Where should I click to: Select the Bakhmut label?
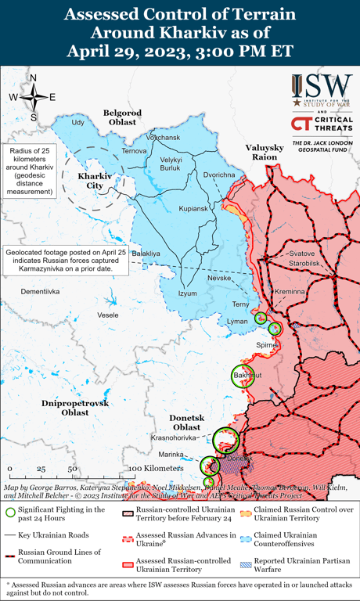(x=244, y=376)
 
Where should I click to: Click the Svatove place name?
(x=302, y=254)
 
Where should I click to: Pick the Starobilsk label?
(x=307, y=265)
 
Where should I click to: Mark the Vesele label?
(x=86, y=315)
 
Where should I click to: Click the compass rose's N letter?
(x=33, y=78)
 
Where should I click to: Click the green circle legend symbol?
(x=10, y=513)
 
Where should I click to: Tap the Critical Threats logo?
(x=321, y=124)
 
